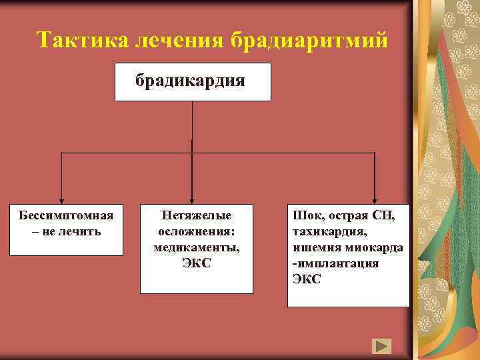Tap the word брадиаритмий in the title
tap(309, 41)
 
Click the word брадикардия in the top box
tap(191, 81)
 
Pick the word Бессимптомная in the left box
tap(66, 216)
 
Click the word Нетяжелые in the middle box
tap(197, 216)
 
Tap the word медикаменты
tap(197, 247)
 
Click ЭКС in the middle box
tap(197, 263)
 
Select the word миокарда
tap(375, 247)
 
